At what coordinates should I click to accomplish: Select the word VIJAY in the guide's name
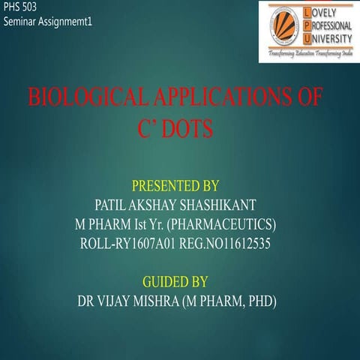point(121,301)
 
